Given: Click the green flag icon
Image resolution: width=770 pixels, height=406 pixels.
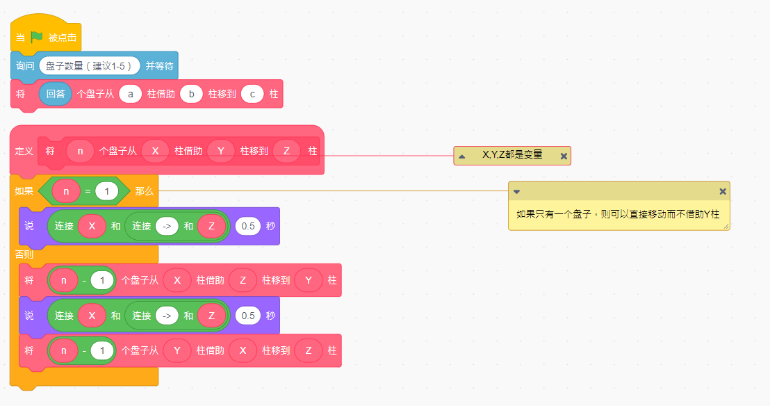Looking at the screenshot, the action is point(37,38).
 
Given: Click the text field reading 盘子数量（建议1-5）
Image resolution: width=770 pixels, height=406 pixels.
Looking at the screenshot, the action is point(90,66).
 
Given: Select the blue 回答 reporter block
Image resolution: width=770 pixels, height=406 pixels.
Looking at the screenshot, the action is point(56,94).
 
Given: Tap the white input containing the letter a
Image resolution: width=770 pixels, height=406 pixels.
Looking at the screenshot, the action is point(130,94).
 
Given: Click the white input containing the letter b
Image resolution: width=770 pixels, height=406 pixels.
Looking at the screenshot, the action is point(192,94).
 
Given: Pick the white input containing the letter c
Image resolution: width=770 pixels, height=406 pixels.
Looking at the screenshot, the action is point(252,94).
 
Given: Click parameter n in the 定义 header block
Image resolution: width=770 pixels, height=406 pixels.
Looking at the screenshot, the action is point(80,151).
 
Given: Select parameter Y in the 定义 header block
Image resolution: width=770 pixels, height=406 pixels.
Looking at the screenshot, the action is point(221,151).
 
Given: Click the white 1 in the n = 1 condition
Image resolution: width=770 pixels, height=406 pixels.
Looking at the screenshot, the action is point(106,191).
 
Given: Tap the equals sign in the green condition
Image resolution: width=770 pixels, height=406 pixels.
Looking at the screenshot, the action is point(88,191).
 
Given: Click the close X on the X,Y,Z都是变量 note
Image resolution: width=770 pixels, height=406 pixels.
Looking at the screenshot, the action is point(564,156).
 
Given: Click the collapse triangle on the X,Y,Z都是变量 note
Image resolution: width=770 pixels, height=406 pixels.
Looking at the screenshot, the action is point(461,156).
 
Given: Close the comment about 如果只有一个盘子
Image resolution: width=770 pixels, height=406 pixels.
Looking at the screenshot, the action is point(722,191).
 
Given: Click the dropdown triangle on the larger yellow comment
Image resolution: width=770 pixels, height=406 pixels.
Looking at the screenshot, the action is point(516,192).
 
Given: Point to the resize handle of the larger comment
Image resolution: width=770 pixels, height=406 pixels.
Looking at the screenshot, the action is point(726,226).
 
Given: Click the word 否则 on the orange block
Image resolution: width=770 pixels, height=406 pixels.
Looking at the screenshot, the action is point(24,254).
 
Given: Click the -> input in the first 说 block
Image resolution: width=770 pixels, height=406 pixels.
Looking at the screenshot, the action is point(167,226).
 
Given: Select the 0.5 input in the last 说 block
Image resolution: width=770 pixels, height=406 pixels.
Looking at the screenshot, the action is point(248,316).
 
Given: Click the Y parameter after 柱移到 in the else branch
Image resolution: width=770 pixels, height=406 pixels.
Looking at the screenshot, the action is point(309,280).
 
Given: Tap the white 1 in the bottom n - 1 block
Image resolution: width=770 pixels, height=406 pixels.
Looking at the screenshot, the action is point(102,350).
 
